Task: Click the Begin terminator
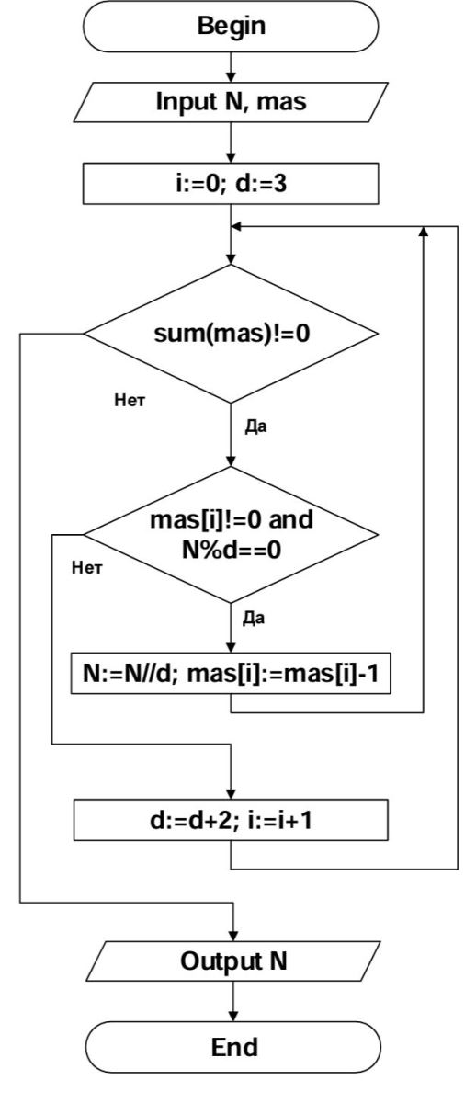coord(231,26)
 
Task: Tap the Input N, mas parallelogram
coord(231,102)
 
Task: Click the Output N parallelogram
coord(233,961)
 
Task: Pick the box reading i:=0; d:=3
coord(231,184)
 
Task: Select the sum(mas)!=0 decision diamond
coord(231,334)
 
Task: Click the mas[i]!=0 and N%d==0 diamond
coord(231,535)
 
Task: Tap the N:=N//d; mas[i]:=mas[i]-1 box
coord(231,674)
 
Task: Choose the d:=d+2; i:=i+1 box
coord(231,820)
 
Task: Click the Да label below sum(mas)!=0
coord(256,426)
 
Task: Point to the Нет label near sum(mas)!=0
coord(130,400)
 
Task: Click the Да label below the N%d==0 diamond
coord(254,618)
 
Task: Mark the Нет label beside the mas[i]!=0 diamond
coord(87,568)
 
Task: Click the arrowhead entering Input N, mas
coord(231,77)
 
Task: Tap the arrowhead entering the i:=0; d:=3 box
coord(231,158)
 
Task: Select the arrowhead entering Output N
coord(233,936)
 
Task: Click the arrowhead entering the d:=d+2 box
coord(231,794)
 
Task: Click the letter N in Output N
coord(278,961)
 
